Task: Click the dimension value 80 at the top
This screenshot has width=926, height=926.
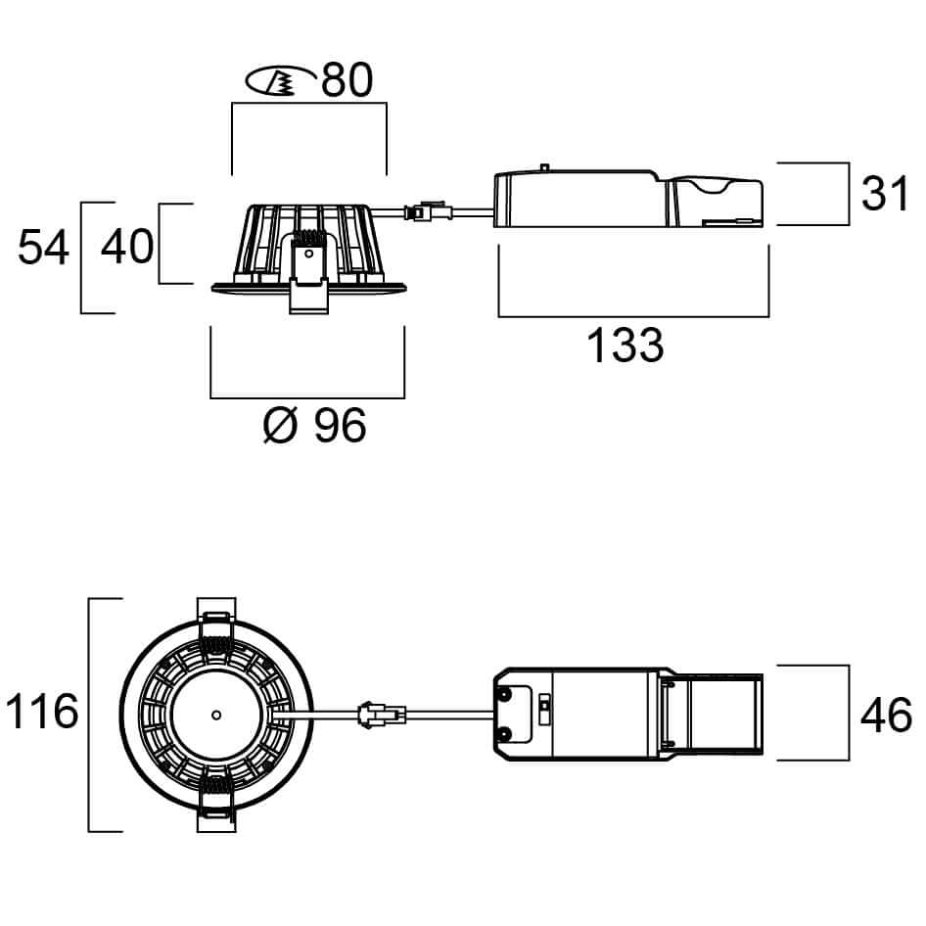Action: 347,79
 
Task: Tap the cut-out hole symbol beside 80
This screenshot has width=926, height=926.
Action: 281,80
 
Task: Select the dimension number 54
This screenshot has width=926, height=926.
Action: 44,248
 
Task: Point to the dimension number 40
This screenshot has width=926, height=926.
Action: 127,247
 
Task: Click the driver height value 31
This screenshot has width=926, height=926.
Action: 885,193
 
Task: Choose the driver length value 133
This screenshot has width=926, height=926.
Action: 625,345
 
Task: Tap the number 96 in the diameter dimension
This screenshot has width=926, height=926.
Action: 340,425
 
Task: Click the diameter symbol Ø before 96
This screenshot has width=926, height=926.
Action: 280,425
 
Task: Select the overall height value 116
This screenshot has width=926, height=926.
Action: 42,712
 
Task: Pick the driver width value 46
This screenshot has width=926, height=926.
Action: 886,716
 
